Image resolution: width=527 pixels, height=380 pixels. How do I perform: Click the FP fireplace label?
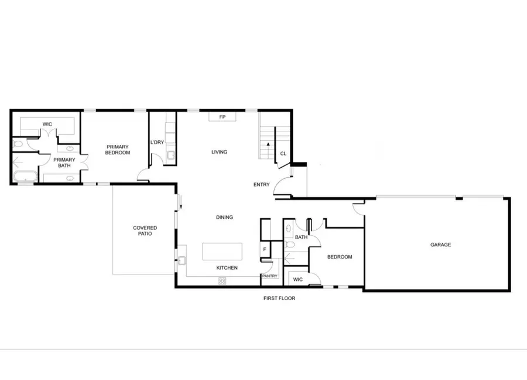223,117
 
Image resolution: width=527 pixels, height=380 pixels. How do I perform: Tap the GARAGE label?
440,245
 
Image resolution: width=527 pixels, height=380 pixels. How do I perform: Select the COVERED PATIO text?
145,231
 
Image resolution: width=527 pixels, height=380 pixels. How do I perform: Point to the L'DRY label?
156,142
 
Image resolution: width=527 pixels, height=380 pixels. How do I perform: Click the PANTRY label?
269,276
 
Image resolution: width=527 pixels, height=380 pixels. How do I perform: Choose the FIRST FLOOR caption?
279,298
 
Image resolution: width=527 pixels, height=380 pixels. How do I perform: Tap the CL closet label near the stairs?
283,154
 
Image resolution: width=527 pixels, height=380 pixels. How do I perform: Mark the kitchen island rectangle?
222,252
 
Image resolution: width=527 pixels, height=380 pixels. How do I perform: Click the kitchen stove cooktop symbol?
223,281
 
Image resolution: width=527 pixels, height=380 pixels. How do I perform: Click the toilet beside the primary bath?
17,143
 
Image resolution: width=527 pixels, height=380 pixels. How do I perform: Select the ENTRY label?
261,185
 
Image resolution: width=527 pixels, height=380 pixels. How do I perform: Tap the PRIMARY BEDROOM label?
118,149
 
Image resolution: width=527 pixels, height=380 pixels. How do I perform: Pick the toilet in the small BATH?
289,245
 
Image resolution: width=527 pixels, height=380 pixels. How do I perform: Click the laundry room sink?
170,155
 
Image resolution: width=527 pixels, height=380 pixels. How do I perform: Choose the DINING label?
224,217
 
